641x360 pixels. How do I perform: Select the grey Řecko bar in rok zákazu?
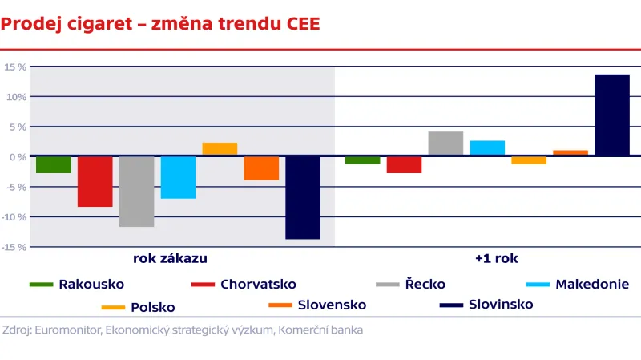click(136, 192)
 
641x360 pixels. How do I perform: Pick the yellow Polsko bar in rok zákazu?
click(220, 149)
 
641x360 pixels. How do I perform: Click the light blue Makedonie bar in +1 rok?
click(487, 148)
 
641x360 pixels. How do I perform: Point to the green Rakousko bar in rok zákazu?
click(53, 164)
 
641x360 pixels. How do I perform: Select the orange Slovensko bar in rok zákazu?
click(261, 168)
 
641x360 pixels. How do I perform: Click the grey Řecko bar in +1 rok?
click(445, 144)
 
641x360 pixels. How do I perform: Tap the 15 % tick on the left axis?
click(15, 67)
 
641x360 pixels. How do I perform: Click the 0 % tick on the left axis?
click(15, 157)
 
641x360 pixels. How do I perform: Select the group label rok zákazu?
click(171, 258)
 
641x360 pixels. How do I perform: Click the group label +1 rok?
click(495, 258)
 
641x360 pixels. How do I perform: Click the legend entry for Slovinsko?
click(501, 305)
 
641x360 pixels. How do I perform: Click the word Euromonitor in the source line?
click(67, 329)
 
